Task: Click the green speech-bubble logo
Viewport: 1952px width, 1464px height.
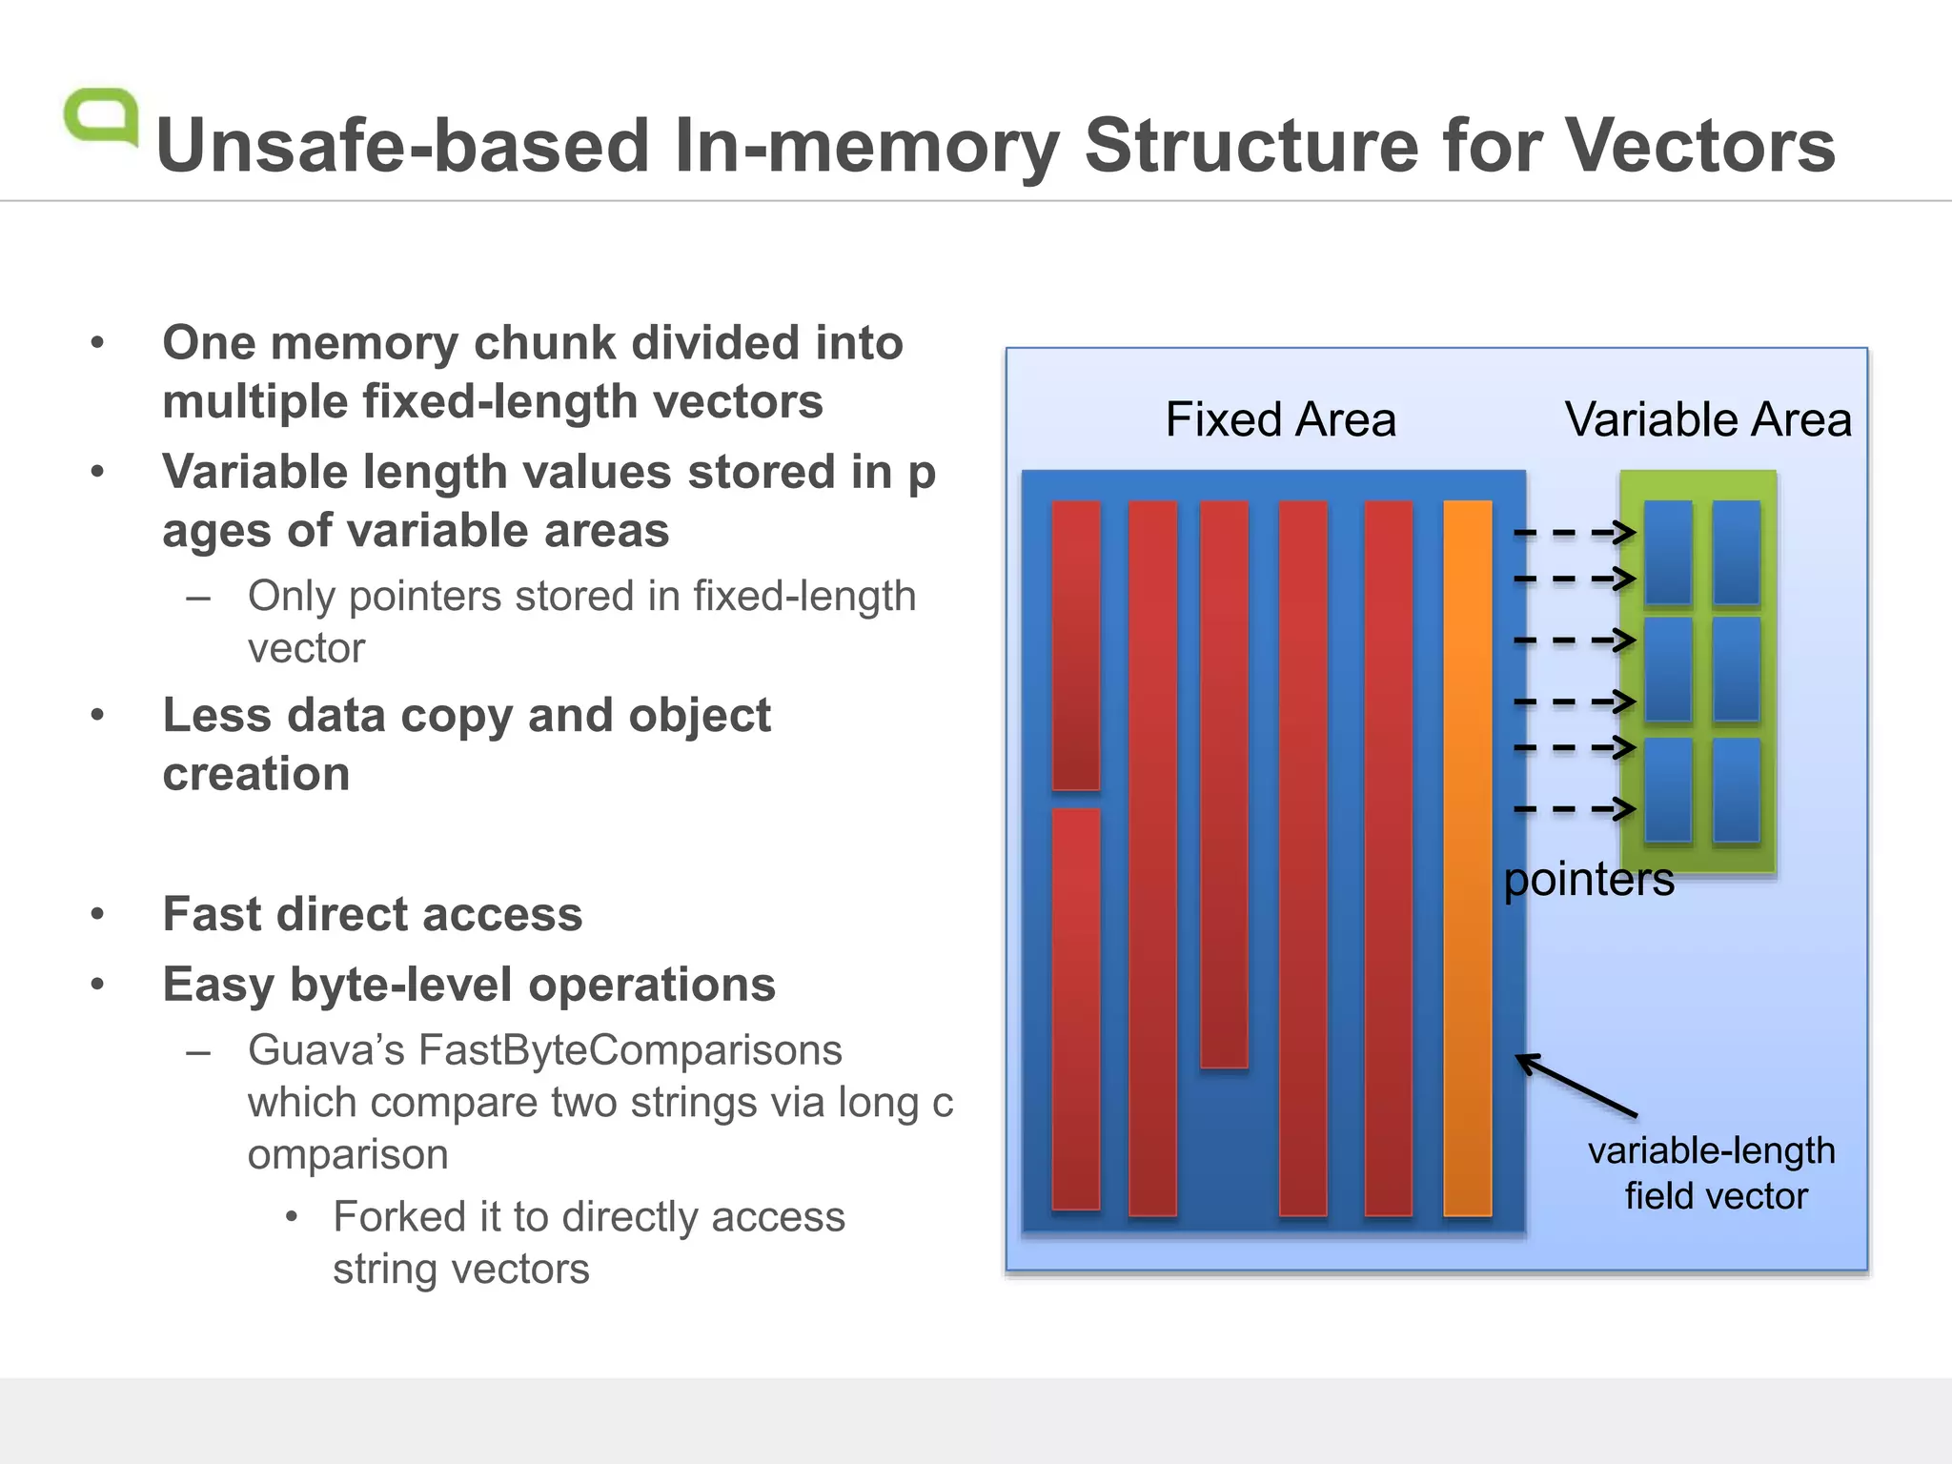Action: (x=101, y=116)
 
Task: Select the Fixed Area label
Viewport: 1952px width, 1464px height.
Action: (x=1280, y=419)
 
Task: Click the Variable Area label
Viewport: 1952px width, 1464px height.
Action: (x=1707, y=419)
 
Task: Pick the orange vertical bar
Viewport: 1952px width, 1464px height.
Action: (x=1467, y=858)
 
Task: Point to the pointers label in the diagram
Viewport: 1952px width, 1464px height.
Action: (x=1589, y=879)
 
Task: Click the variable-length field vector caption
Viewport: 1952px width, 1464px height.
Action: (x=1713, y=1173)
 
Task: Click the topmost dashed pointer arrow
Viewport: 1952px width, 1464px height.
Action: (x=1575, y=533)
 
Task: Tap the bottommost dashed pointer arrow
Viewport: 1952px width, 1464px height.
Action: (x=1575, y=809)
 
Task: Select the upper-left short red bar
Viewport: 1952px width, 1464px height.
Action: (x=1075, y=645)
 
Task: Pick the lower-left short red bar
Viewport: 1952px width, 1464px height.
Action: (x=1075, y=1008)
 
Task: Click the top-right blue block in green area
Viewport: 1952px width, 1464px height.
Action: (x=1736, y=553)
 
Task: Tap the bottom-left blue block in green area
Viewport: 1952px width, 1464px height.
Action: (x=1668, y=790)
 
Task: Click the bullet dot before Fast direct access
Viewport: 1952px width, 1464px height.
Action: (x=97, y=914)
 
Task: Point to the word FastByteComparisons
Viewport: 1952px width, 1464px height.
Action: (x=630, y=1050)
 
